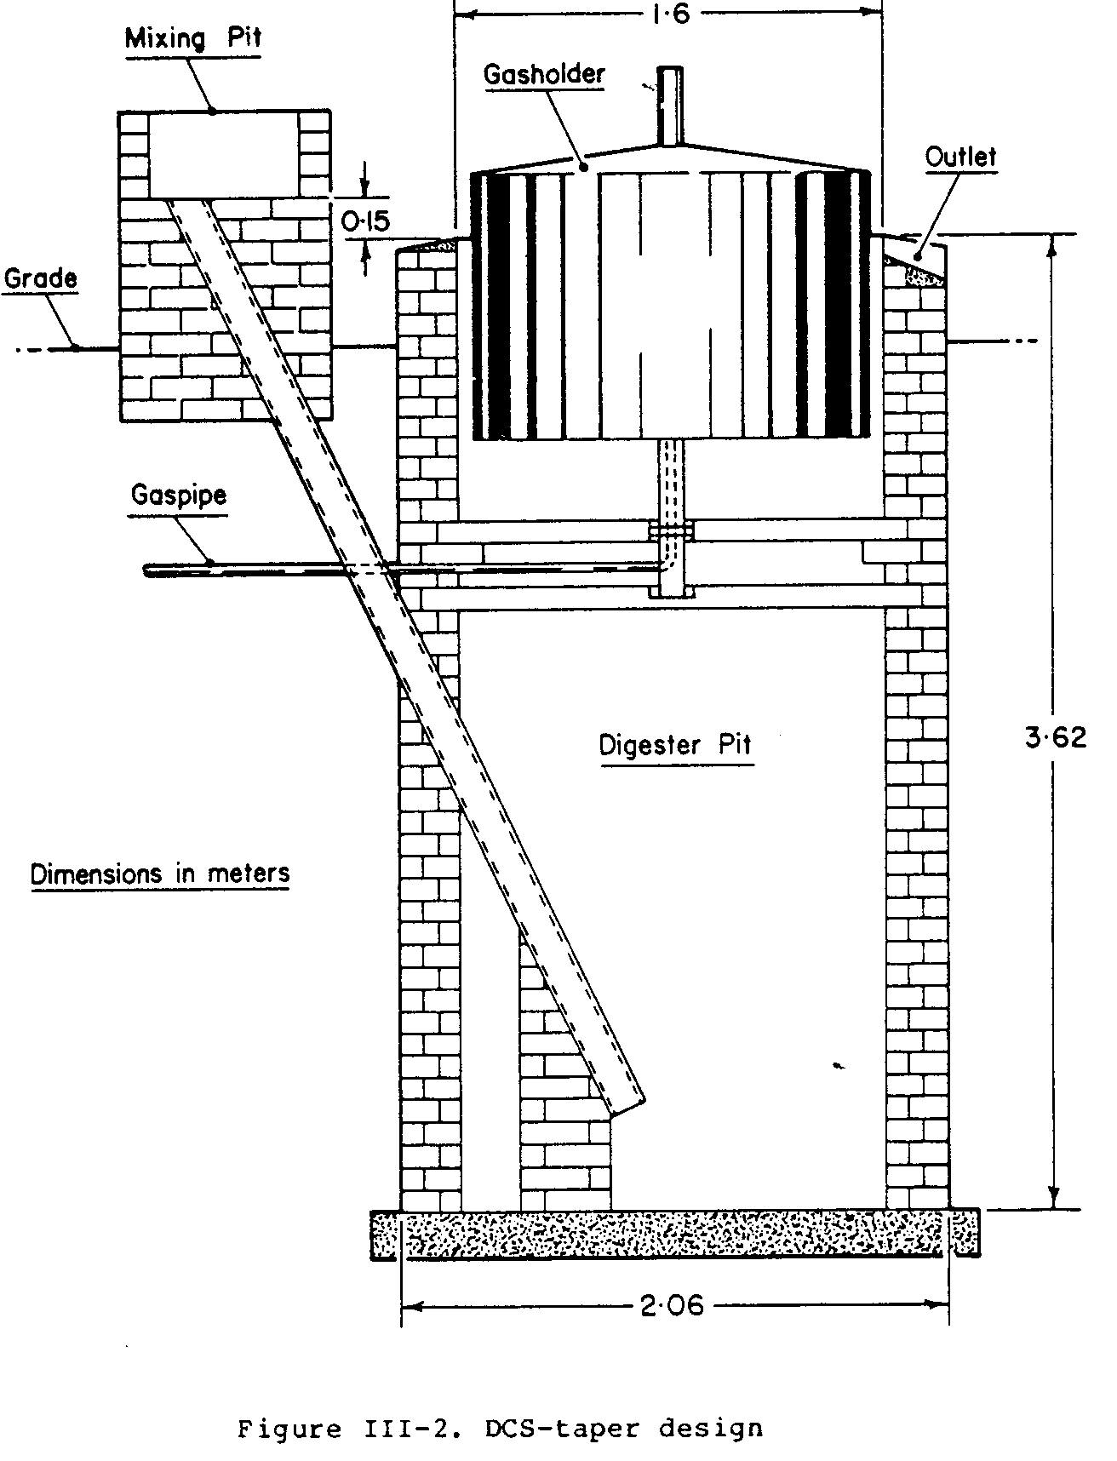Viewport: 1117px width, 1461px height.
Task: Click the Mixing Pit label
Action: pyautogui.click(x=193, y=39)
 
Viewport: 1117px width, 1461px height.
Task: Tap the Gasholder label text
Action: pyautogui.click(x=544, y=74)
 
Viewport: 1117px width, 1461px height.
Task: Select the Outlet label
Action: pyautogui.click(x=960, y=157)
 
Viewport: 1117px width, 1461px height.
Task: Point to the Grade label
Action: pyautogui.click(x=40, y=278)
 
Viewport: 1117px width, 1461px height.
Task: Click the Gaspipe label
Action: pyautogui.click(x=179, y=495)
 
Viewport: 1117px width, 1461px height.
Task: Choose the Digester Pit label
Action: pyautogui.click(x=676, y=745)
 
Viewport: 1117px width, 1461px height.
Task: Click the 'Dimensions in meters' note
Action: pyautogui.click(x=160, y=874)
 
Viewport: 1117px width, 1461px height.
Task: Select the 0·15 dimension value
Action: pyautogui.click(x=366, y=221)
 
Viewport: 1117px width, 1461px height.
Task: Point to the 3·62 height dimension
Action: pyautogui.click(x=1056, y=736)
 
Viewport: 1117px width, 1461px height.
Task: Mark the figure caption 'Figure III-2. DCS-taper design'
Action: pyautogui.click(x=500, y=1428)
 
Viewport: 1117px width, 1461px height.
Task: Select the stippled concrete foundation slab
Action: pyautogui.click(x=673, y=1233)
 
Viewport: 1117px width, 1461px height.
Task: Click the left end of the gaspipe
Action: pyautogui.click(x=148, y=570)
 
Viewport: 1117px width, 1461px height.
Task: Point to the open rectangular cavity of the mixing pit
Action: pyautogui.click(x=224, y=155)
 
